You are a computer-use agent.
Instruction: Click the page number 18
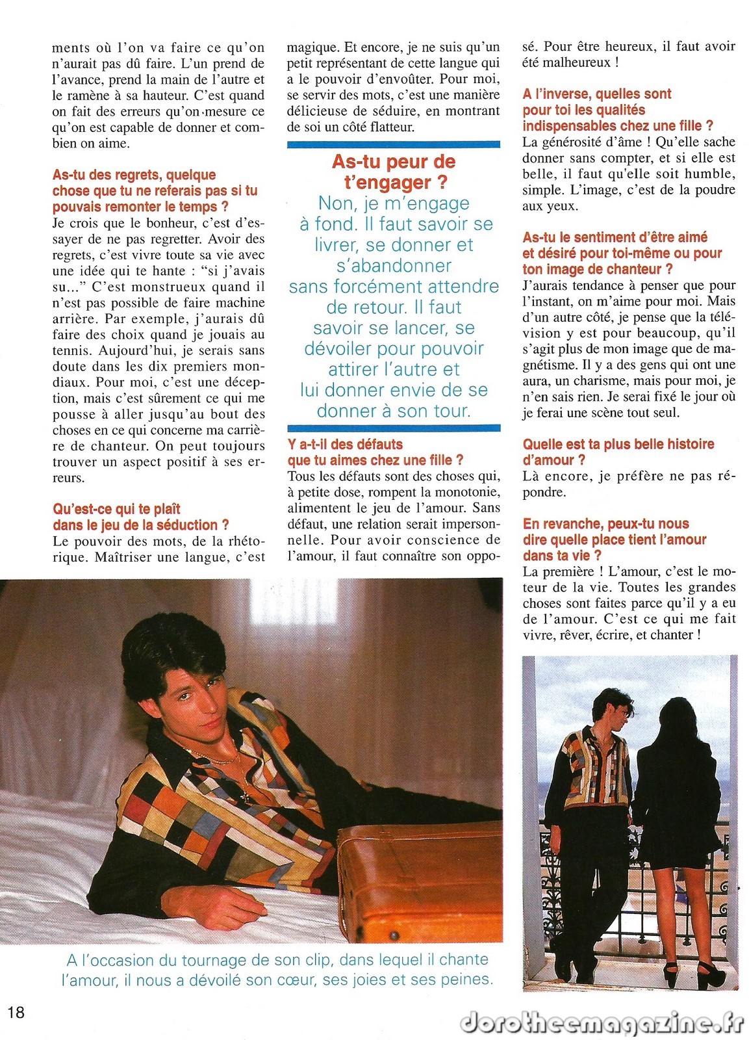point(16,1011)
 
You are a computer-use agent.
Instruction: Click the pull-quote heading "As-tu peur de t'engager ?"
point(393,172)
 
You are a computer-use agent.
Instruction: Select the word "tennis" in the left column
point(71,350)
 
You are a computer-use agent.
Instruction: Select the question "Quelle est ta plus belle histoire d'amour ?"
point(618,452)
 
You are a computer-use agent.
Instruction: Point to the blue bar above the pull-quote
point(393,144)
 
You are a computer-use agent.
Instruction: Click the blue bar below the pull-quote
point(393,428)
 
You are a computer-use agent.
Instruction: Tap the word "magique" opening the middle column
point(312,47)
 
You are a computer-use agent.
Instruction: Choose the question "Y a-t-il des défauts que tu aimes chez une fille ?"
point(375,452)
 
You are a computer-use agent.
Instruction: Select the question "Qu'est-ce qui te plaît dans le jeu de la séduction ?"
point(140,517)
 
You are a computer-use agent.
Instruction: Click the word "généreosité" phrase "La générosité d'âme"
point(572,142)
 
